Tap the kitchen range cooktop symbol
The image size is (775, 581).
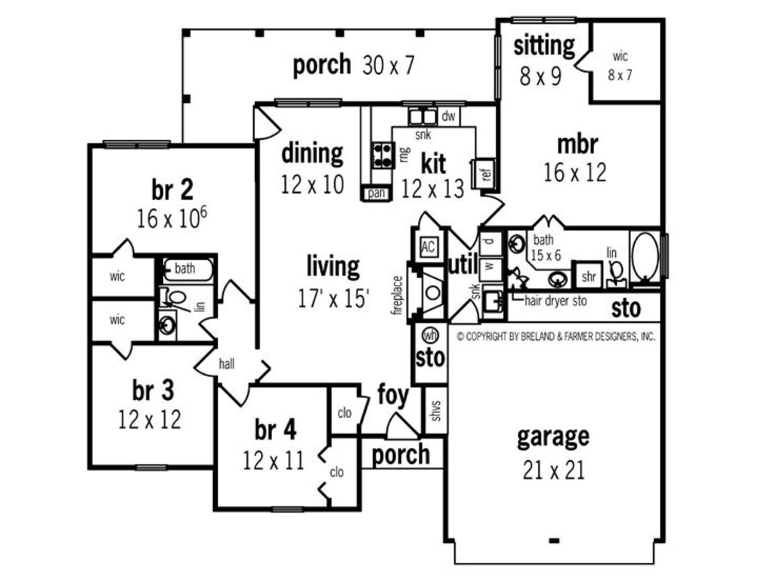[382, 155]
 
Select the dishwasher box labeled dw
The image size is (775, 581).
[449, 116]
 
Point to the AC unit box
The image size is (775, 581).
[428, 246]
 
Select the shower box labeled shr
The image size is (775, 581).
[588, 276]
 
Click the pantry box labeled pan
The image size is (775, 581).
[377, 193]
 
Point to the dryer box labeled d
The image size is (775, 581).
[490, 243]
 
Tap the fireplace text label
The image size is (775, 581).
[398, 296]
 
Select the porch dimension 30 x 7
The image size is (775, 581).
[387, 65]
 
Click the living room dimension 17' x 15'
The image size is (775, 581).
[334, 298]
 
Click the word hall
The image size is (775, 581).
[226, 364]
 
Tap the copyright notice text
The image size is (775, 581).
[556, 336]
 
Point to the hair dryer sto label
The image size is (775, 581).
[556, 301]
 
